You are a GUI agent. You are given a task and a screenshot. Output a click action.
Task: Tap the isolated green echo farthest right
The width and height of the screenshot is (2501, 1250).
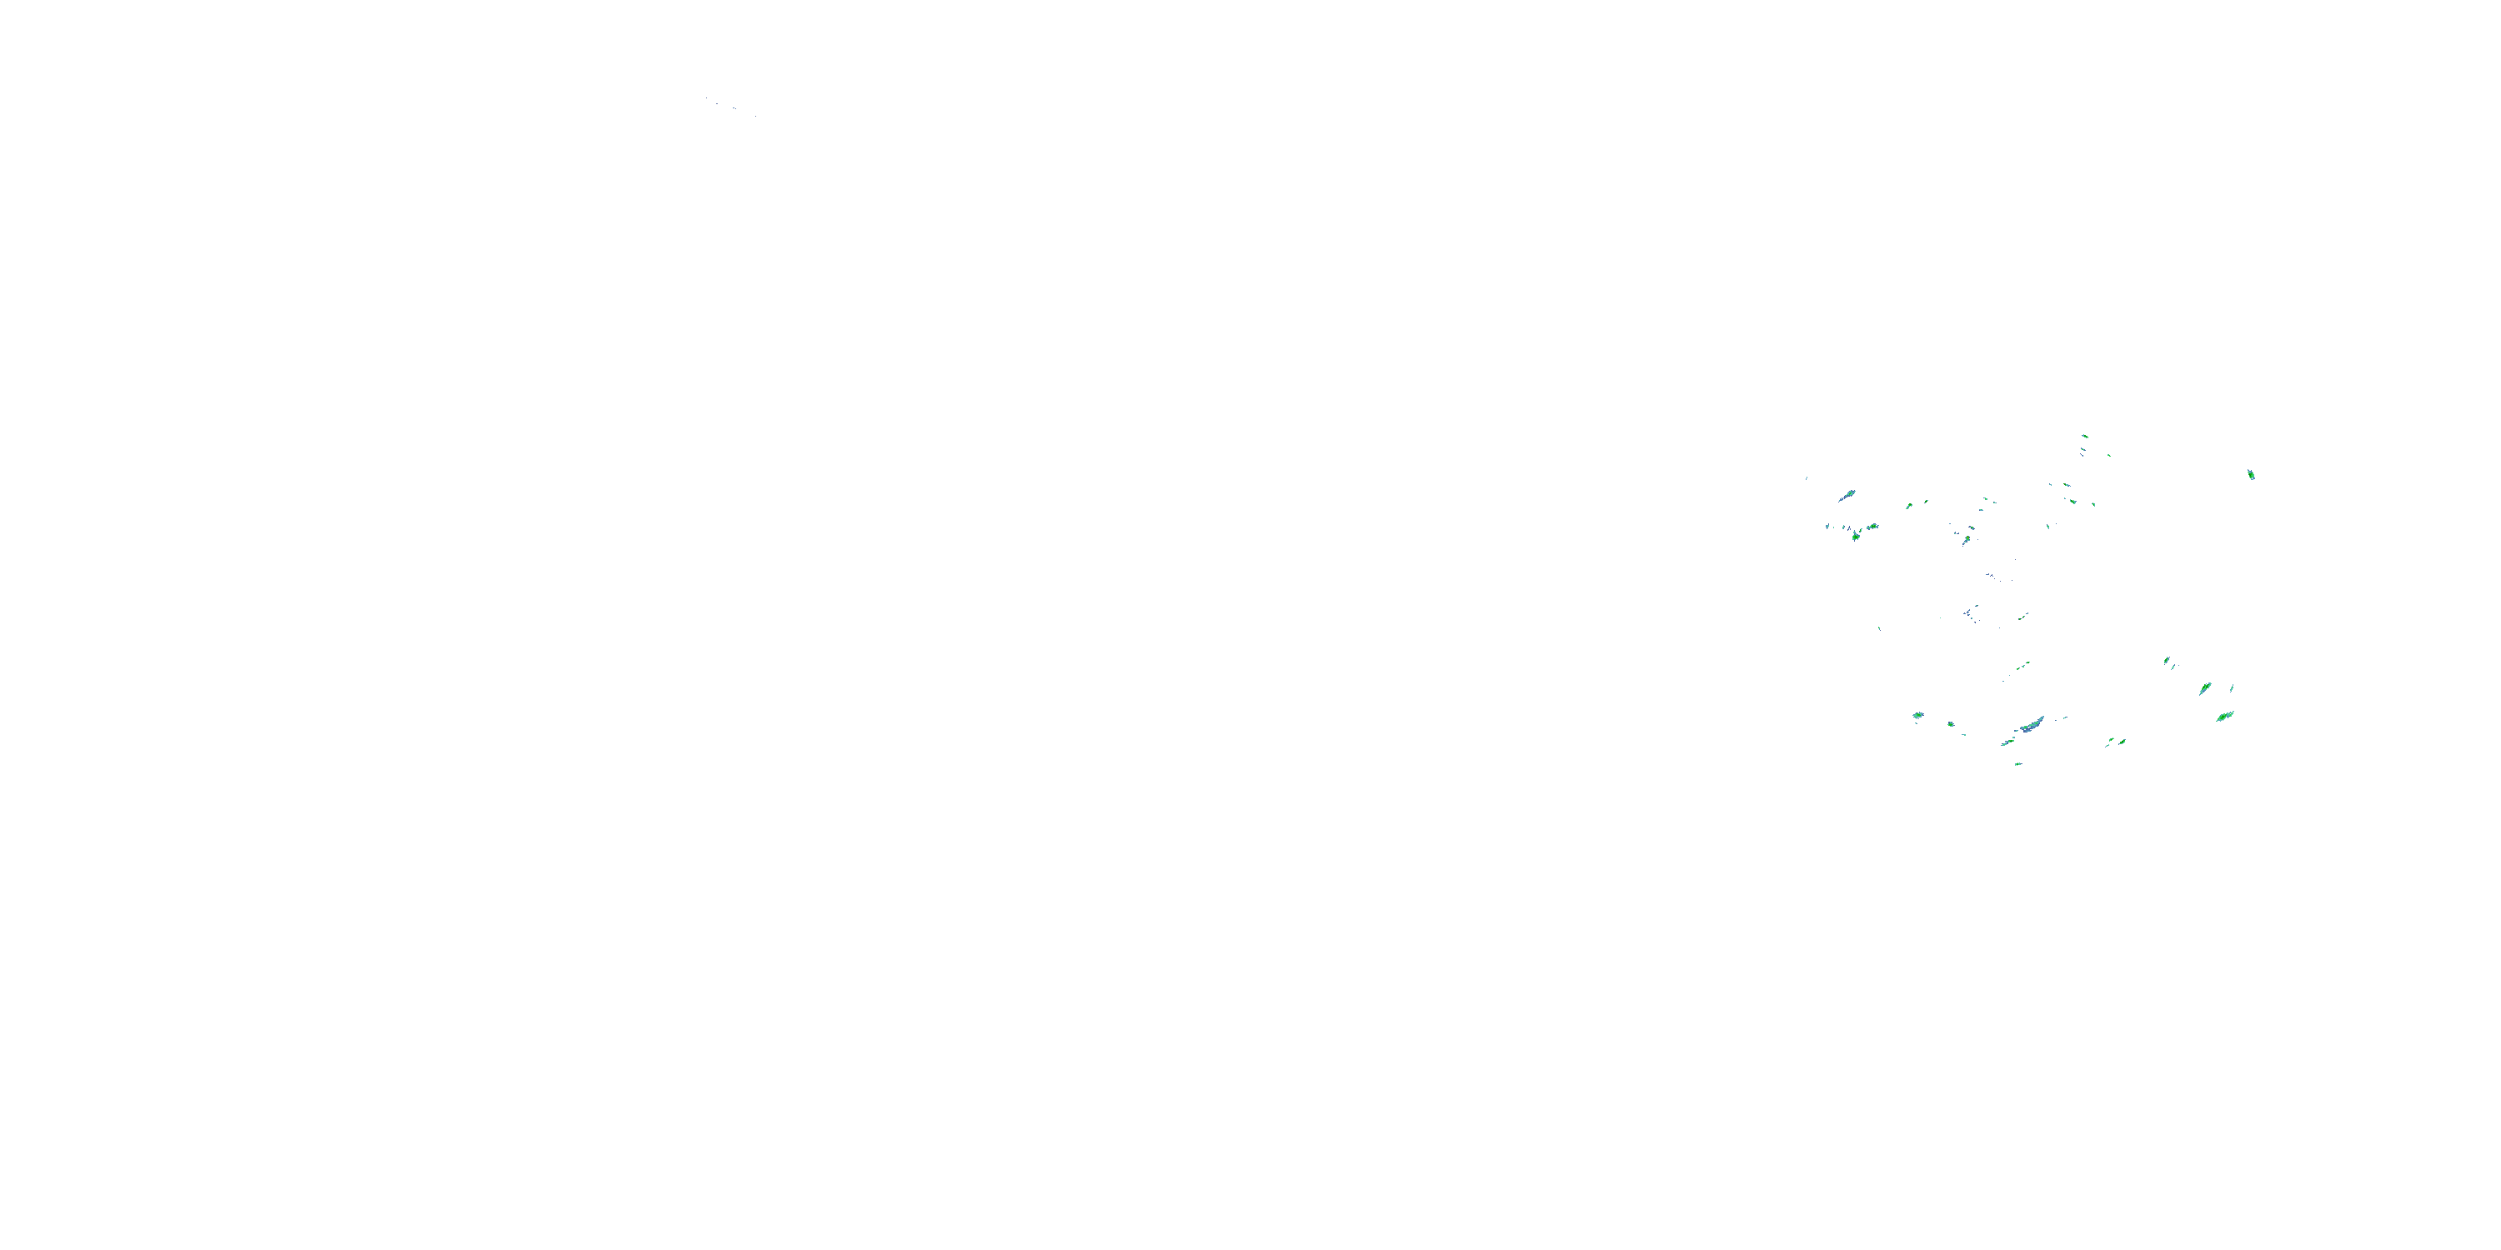pos(2251,474)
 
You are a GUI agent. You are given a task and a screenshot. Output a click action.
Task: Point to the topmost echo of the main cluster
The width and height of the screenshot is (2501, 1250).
pos(2084,437)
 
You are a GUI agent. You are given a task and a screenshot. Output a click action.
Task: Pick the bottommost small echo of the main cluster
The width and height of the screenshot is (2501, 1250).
pos(2017,764)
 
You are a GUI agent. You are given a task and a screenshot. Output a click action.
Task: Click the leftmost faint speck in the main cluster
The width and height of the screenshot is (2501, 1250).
pos(1806,477)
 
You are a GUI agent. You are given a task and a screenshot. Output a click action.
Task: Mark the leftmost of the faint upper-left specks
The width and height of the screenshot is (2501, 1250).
pos(706,98)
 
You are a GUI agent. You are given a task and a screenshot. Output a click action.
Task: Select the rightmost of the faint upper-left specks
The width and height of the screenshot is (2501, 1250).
pos(755,116)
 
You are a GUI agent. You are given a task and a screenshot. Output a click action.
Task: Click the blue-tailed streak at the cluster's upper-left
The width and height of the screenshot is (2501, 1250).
pos(1846,496)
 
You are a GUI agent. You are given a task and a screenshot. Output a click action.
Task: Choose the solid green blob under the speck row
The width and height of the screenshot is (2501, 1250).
pos(1856,536)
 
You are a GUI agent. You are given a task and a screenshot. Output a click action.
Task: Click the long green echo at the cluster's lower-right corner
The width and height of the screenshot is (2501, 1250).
pos(2224,716)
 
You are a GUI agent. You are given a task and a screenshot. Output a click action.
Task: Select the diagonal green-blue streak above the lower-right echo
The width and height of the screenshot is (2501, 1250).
pos(2205,689)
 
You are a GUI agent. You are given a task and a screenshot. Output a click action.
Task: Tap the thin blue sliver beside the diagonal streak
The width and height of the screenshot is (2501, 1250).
pos(2231,688)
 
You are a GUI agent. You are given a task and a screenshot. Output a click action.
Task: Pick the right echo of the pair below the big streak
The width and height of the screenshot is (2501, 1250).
pos(2122,742)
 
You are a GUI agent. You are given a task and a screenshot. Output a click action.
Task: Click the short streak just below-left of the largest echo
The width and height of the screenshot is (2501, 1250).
pos(2007,742)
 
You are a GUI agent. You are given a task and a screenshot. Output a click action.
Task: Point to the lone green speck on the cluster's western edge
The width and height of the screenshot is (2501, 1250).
pos(1878,629)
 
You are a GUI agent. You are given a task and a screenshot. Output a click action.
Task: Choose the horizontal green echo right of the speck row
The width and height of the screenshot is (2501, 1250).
pos(1872,526)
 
